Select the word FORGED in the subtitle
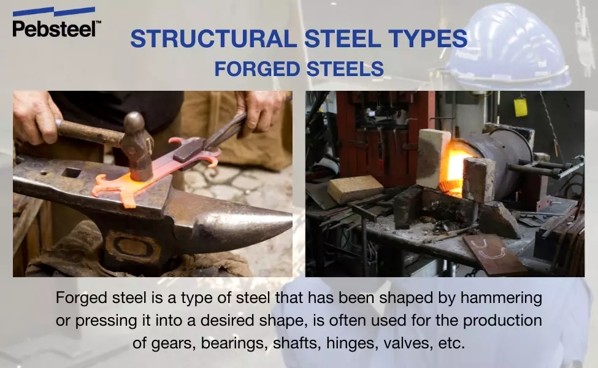[256, 68]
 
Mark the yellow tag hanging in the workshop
[521, 107]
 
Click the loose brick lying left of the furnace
[355, 189]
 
